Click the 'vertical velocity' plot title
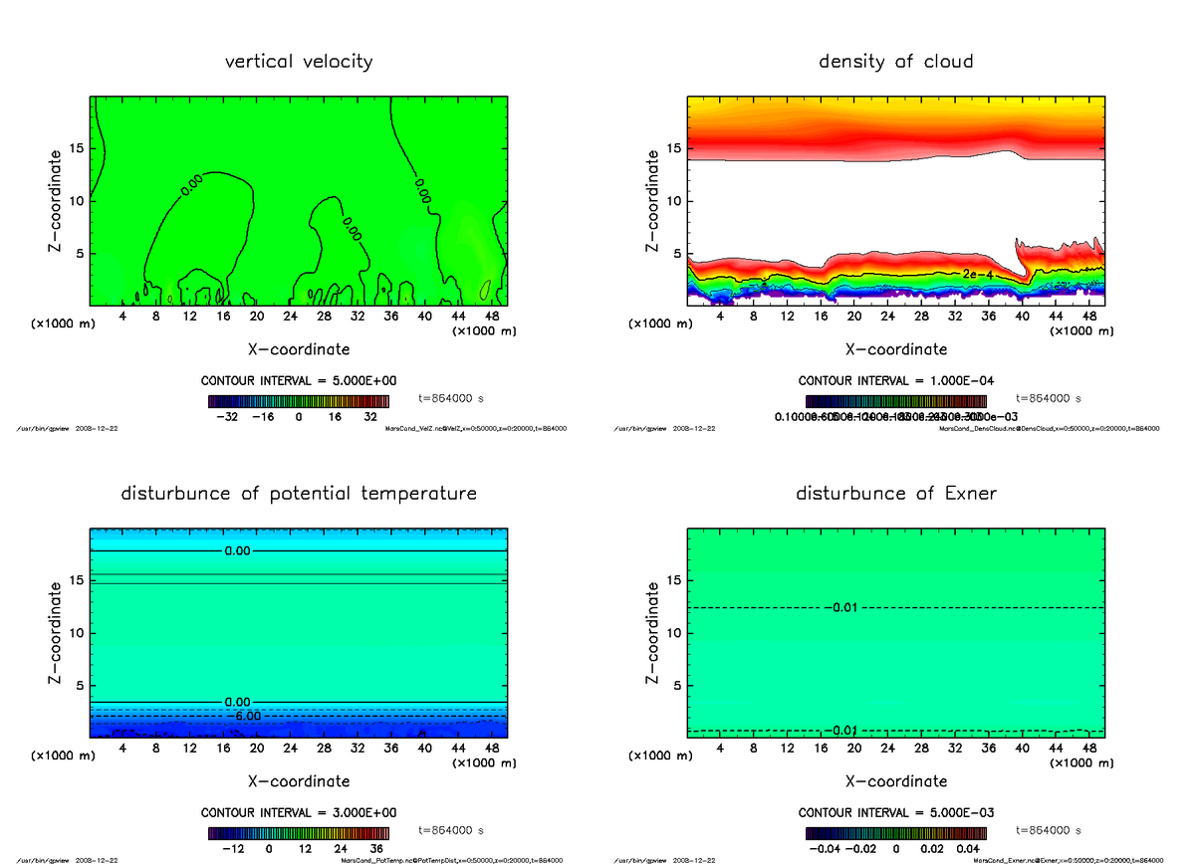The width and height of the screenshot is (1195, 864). [x=299, y=62]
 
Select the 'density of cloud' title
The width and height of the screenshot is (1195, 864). [x=896, y=62]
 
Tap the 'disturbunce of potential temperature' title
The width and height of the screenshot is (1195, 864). [x=299, y=494]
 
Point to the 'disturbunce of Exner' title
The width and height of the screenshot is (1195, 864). [x=896, y=494]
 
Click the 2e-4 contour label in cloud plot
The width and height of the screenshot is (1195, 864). [x=977, y=273]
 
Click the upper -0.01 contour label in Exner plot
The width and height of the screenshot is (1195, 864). [x=841, y=607]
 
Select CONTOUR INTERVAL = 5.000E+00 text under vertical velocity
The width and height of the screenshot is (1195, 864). [x=299, y=381]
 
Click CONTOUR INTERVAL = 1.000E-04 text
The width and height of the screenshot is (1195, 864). [x=896, y=381]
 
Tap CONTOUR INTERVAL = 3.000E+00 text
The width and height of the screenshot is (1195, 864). [x=299, y=813]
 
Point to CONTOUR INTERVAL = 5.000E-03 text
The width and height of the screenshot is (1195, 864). [x=896, y=813]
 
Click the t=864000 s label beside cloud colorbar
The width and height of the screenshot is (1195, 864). [x=1049, y=398]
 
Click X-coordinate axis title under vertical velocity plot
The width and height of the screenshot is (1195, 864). [x=299, y=349]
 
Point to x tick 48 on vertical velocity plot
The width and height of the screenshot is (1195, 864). [x=491, y=317]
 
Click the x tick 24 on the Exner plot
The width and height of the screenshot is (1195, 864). [x=888, y=749]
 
